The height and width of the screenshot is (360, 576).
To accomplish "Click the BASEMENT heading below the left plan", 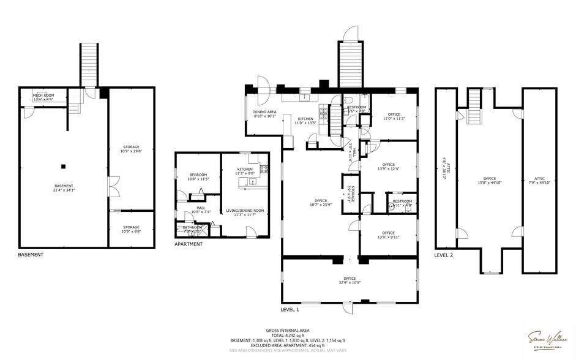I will [x=31, y=255].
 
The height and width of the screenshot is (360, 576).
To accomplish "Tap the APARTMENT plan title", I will [x=189, y=244].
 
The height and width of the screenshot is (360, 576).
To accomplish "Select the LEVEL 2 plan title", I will [x=444, y=255].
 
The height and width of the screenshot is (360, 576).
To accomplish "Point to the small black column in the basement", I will [x=63, y=166].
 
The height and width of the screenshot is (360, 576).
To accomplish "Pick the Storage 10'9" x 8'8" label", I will [x=130, y=229].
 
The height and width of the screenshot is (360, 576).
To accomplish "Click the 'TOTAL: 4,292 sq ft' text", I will [x=288, y=336].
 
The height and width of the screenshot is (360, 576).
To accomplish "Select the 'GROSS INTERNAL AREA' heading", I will [x=288, y=331].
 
